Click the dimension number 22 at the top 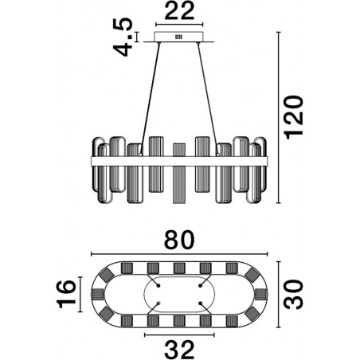point(179,11)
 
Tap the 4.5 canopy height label point(123,37)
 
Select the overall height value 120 point(294,117)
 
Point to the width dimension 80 point(179,240)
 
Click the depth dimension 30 point(294,294)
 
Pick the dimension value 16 point(66,294)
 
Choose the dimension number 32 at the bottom point(179,350)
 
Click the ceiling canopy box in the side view point(179,37)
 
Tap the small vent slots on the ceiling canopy point(178,37)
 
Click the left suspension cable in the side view point(151,98)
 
